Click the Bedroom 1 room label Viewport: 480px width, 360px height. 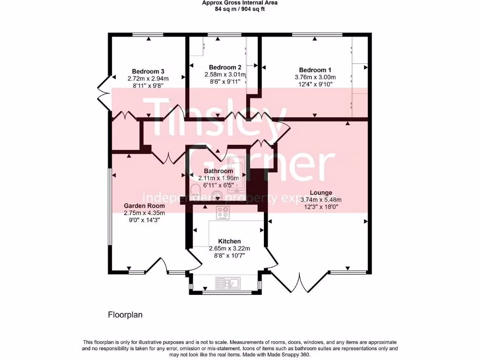coord(315,70)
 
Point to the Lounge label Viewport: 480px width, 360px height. coord(321,193)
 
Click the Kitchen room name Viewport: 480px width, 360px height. coord(229,241)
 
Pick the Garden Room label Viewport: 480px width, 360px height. coord(144,205)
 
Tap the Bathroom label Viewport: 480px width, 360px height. coord(218,171)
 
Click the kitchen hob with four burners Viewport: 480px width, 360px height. coord(223,213)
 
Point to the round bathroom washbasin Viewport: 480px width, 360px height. coord(217,195)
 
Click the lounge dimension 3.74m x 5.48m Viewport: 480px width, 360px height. coord(321,199)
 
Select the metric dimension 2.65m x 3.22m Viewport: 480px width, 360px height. coord(229,248)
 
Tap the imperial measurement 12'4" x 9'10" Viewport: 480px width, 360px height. coord(315,84)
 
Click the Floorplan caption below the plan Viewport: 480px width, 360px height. coord(125,315)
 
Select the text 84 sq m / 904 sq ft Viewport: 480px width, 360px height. coord(240,9)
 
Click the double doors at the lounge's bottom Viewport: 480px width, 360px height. coord(298,282)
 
